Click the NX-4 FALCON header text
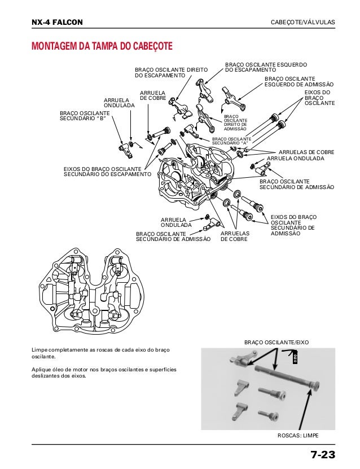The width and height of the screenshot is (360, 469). click(57, 22)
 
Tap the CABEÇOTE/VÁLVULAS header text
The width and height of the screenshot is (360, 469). click(303, 22)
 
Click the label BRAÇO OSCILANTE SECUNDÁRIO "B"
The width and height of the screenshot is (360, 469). click(85, 116)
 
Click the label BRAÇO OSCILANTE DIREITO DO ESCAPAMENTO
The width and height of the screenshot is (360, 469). click(171, 72)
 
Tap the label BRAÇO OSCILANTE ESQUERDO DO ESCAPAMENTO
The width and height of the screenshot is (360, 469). click(265, 67)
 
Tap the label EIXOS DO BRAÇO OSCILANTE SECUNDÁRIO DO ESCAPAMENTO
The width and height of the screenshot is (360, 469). click(107, 172)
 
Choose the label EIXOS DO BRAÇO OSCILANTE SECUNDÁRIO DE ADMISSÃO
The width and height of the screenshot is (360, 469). click(293, 225)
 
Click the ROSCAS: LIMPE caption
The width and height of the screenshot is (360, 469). click(298, 437)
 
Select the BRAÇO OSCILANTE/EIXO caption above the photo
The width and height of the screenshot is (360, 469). click(276, 343)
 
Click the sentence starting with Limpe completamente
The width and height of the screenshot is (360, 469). click(101, 354)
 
